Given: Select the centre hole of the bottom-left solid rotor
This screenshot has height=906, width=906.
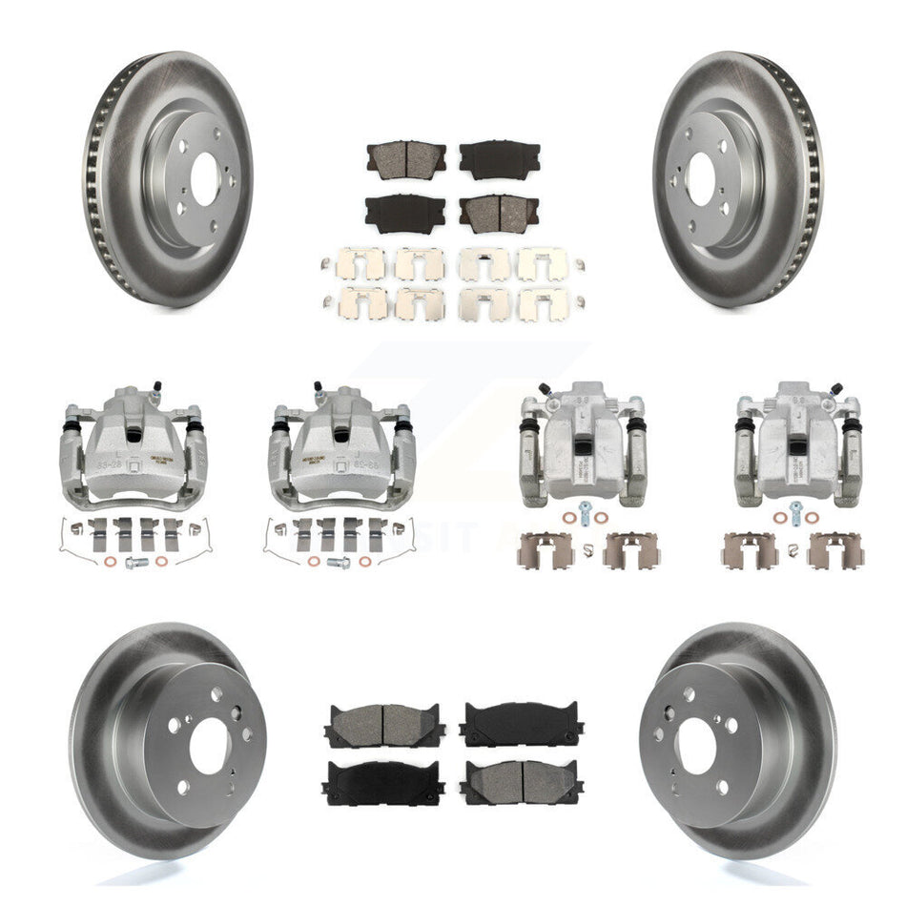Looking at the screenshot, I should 209,745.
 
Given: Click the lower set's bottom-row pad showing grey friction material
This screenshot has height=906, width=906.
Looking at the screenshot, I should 523,782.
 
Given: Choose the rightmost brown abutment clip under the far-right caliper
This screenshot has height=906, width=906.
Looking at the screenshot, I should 835,549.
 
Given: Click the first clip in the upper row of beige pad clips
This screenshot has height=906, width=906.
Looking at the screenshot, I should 361,263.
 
